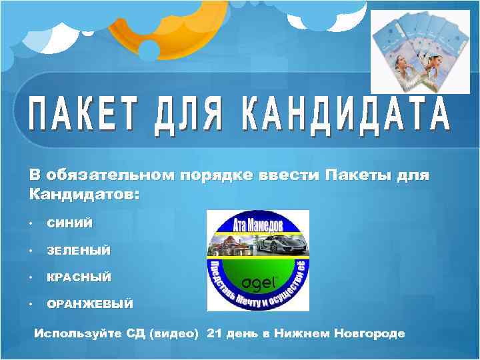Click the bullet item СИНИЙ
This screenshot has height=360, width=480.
70,224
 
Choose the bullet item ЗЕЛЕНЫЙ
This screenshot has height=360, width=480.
79,251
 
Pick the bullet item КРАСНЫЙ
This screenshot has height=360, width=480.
79,277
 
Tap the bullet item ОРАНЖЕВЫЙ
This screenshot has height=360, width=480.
89,304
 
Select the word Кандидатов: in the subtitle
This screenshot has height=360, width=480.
84,195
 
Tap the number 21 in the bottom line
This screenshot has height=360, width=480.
215,333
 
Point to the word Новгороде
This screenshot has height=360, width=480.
370,333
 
